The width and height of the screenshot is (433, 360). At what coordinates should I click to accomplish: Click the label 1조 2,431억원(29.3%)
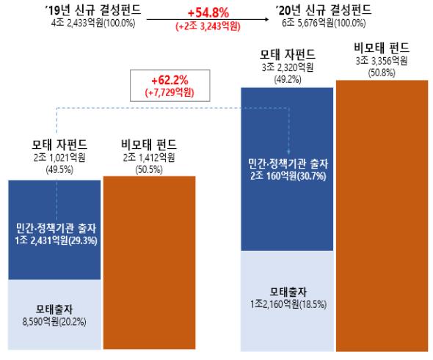pyautogui.click(x=55, y=240)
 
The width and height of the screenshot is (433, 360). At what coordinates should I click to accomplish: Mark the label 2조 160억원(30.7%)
pyautogui.click(x=287, y=177)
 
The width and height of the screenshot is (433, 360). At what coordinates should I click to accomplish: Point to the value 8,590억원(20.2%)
pyautogui.click(x=55, y=320)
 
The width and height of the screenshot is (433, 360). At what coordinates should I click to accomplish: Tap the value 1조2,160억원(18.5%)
pyautogui.click(x=287, y=301)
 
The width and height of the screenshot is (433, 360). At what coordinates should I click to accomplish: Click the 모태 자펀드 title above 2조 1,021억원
pyautogui.click(x=55, y=144)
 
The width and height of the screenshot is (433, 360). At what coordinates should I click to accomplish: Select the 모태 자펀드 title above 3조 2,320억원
pyautogui.click(x=287, y=54)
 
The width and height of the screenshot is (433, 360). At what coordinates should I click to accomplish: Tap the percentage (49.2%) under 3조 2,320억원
pyautogui.click(x=287, y=78)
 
